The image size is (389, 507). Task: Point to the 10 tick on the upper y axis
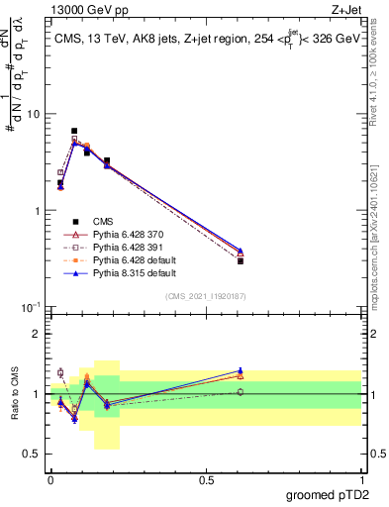pyautogui.click(x=37, y=114)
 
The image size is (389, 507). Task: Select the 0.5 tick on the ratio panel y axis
pyautogui.click(x=37, y=455)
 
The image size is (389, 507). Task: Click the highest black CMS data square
pyautogui.click(x=74, y=131)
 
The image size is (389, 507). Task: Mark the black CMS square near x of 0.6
pyautogui.click(x=241, y=260)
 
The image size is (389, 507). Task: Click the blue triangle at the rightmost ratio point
pyautogui.click(x=241, y=371)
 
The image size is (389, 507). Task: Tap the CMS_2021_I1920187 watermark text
pyautogui.click(x=205, y=296)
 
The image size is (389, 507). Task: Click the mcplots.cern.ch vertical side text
pyautogui.click(x=381, y=248)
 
